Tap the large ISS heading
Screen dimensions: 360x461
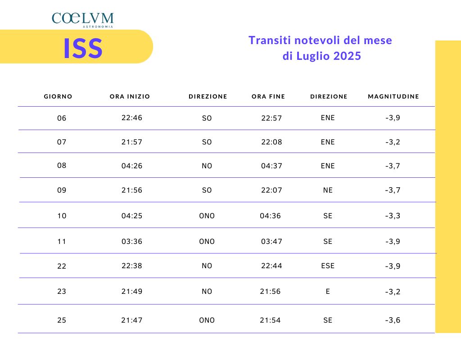point(83,48)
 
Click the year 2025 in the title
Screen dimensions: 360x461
point(348,56)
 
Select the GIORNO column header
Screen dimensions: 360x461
point(58,96)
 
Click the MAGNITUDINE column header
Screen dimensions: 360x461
point(393,96)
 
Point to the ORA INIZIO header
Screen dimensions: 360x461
point(130,96)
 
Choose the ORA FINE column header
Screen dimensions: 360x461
point(268,96)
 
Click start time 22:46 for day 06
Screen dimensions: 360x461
point(132,118)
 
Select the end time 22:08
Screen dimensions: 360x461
point(271,142)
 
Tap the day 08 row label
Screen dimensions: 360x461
point(62,165)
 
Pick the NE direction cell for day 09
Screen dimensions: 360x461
point(328,190)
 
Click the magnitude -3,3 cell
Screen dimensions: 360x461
point(393,216)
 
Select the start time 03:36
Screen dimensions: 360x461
point(132,241)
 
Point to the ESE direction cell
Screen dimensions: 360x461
point(328,265)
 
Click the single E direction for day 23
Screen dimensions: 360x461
point(328,291)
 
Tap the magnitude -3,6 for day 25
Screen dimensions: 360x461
point(393,320)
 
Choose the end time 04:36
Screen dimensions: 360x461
point(270,216)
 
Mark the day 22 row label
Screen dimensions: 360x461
point(62,266)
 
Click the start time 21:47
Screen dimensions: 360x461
point(132,320)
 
